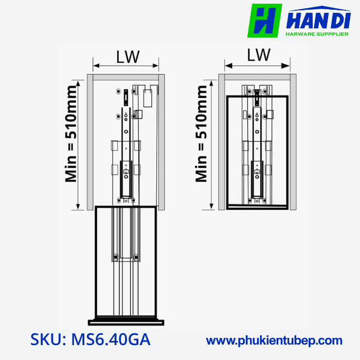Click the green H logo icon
pos(264,21)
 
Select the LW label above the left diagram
pos(127,57)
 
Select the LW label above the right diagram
pos(259,55)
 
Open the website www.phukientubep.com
pos(274,340)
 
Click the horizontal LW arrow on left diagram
pos(125,66)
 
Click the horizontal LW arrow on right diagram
pos(259,65)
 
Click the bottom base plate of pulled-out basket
pos(127,322)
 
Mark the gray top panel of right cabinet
pos(258,77)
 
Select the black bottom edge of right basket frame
pos(257,209)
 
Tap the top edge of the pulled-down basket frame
pos(126,207)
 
